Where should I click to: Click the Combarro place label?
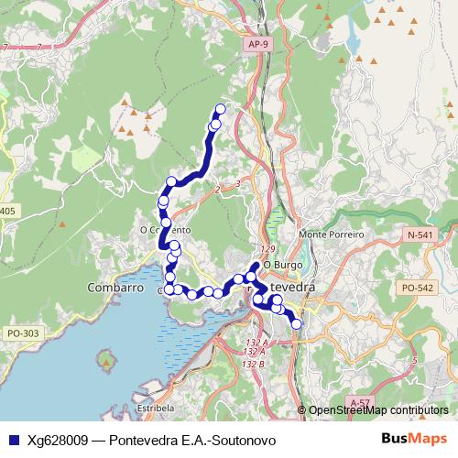115,287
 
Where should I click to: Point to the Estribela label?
154,406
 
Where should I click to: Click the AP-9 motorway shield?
259,43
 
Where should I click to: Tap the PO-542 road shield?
417,288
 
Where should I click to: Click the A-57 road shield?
360,402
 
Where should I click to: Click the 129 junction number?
267,249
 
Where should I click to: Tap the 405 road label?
7,212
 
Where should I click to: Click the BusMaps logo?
414,438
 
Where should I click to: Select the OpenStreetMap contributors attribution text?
377,410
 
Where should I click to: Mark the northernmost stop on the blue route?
220,109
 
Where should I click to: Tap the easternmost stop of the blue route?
296,323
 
